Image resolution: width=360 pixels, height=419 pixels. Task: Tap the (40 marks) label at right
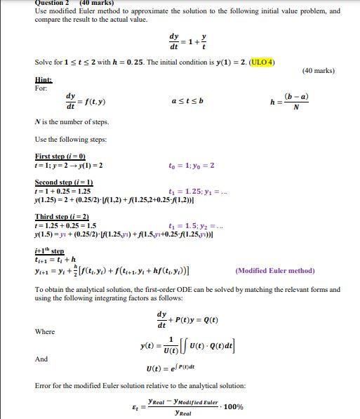(318, 71)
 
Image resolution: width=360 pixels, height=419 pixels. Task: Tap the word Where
(46, 331)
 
